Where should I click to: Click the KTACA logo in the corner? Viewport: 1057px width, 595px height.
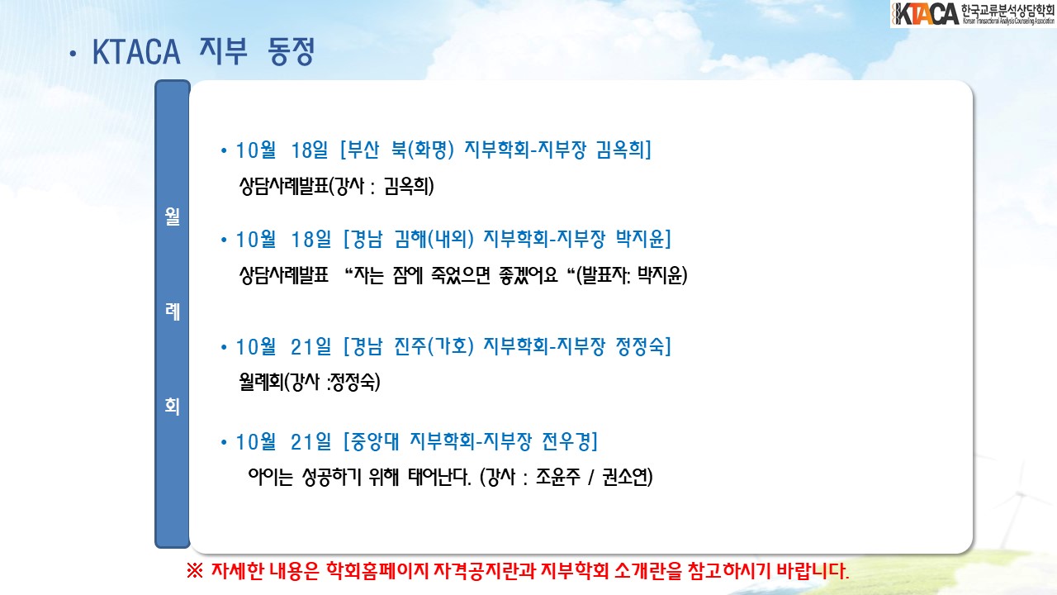point(973,14)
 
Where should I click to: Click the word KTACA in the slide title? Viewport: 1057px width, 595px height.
point(136,52)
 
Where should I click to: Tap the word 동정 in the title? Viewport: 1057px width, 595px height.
point(291,51)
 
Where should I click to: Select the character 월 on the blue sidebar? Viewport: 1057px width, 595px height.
point(173,216)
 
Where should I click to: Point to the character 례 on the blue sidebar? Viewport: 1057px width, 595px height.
point(173,312)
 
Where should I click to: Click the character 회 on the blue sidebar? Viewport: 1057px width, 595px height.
point(173,406)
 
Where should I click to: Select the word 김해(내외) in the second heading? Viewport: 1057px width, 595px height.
point(434,239)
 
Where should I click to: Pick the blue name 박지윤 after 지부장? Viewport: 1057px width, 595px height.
point(640,239)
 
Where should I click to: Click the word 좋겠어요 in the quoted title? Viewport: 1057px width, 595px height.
point(528,275)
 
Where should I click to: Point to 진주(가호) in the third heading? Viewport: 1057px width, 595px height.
point(434,346)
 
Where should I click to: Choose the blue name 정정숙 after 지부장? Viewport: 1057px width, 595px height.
point(640,346)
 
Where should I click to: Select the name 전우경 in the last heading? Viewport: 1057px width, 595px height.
point(566,442)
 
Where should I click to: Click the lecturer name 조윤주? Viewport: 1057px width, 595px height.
point(557,477)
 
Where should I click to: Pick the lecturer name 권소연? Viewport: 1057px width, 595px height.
point(623,477)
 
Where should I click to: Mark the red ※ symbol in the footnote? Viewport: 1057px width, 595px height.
point(194,571)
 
